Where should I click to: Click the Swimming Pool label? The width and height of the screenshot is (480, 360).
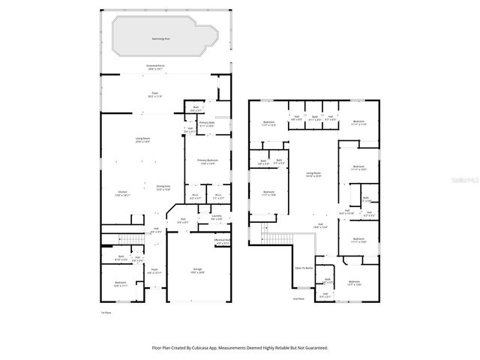(160, 37)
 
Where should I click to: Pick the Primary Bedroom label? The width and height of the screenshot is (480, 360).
(208, 161)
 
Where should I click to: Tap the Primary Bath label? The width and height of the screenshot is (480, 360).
(208, 124)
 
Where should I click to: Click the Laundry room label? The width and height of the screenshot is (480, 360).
(216, 217)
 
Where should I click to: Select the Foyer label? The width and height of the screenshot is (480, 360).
(154, 271)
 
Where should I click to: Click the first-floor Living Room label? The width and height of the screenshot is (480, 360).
(144, 140)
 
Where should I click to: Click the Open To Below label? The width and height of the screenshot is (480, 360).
(303, 268)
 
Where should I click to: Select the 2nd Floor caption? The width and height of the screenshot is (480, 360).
(298, 298)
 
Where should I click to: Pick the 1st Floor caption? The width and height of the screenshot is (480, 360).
(106, 313)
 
